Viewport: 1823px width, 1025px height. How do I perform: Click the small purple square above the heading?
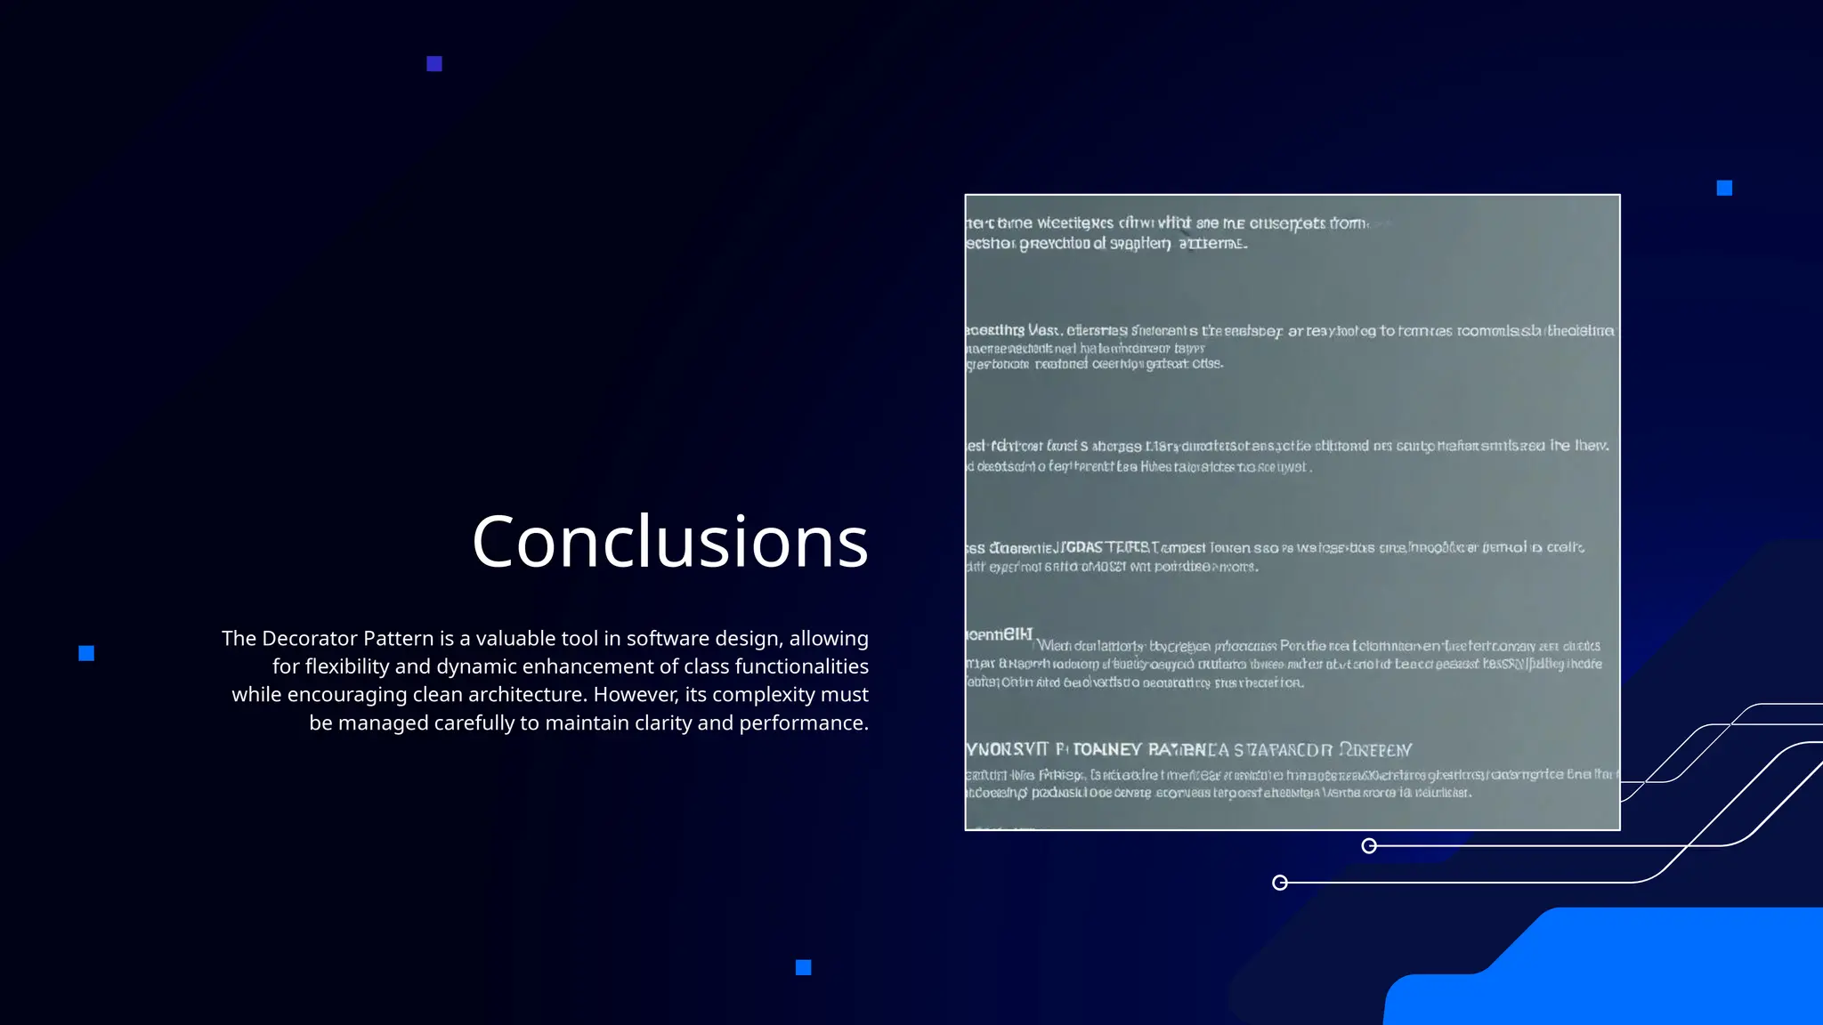point(434,64)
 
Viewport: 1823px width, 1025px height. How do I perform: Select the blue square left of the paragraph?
point(86,654)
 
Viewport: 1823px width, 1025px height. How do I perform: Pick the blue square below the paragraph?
point(803,967)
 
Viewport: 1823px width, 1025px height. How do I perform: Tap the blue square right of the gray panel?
point(1724,188)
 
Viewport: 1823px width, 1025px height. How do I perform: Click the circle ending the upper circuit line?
point(1369,845)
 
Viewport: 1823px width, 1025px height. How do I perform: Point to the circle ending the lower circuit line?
point(1280,883)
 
